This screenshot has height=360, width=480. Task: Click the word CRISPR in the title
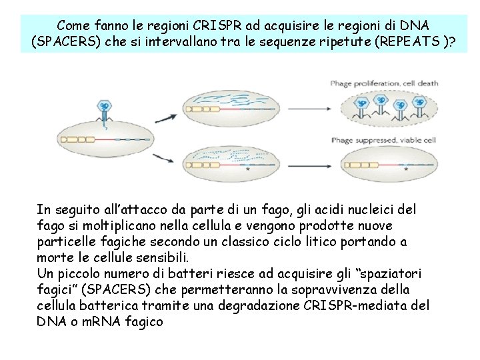tap(219, 25)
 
